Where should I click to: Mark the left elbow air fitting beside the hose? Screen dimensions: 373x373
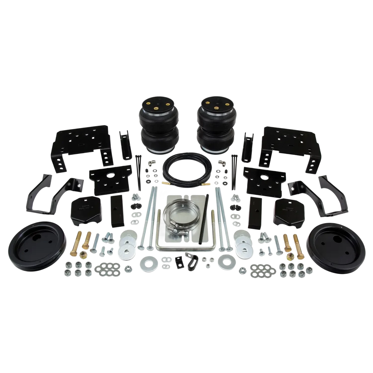[x=150, y=164]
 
